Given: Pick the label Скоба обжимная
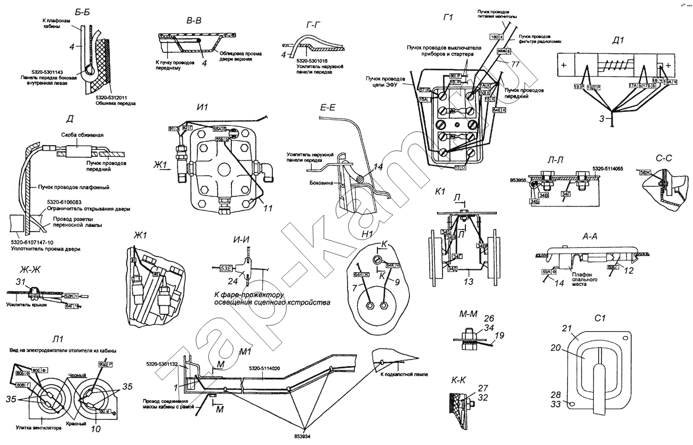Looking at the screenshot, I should [x=79, y=135].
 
